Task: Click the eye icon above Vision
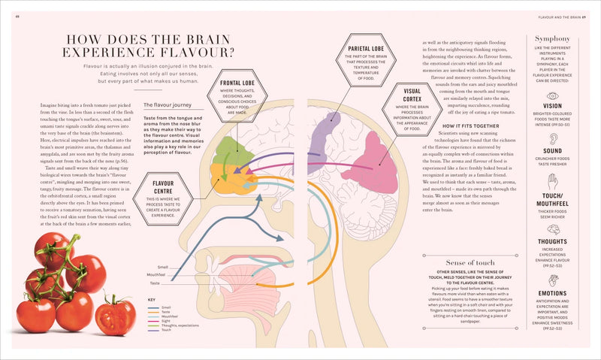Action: (x=552, y=96)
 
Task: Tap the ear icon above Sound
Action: (x=552, y=140)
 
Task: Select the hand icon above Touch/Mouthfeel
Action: (x=552, y=183)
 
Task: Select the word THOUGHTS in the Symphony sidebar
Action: (x=552, y=241)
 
